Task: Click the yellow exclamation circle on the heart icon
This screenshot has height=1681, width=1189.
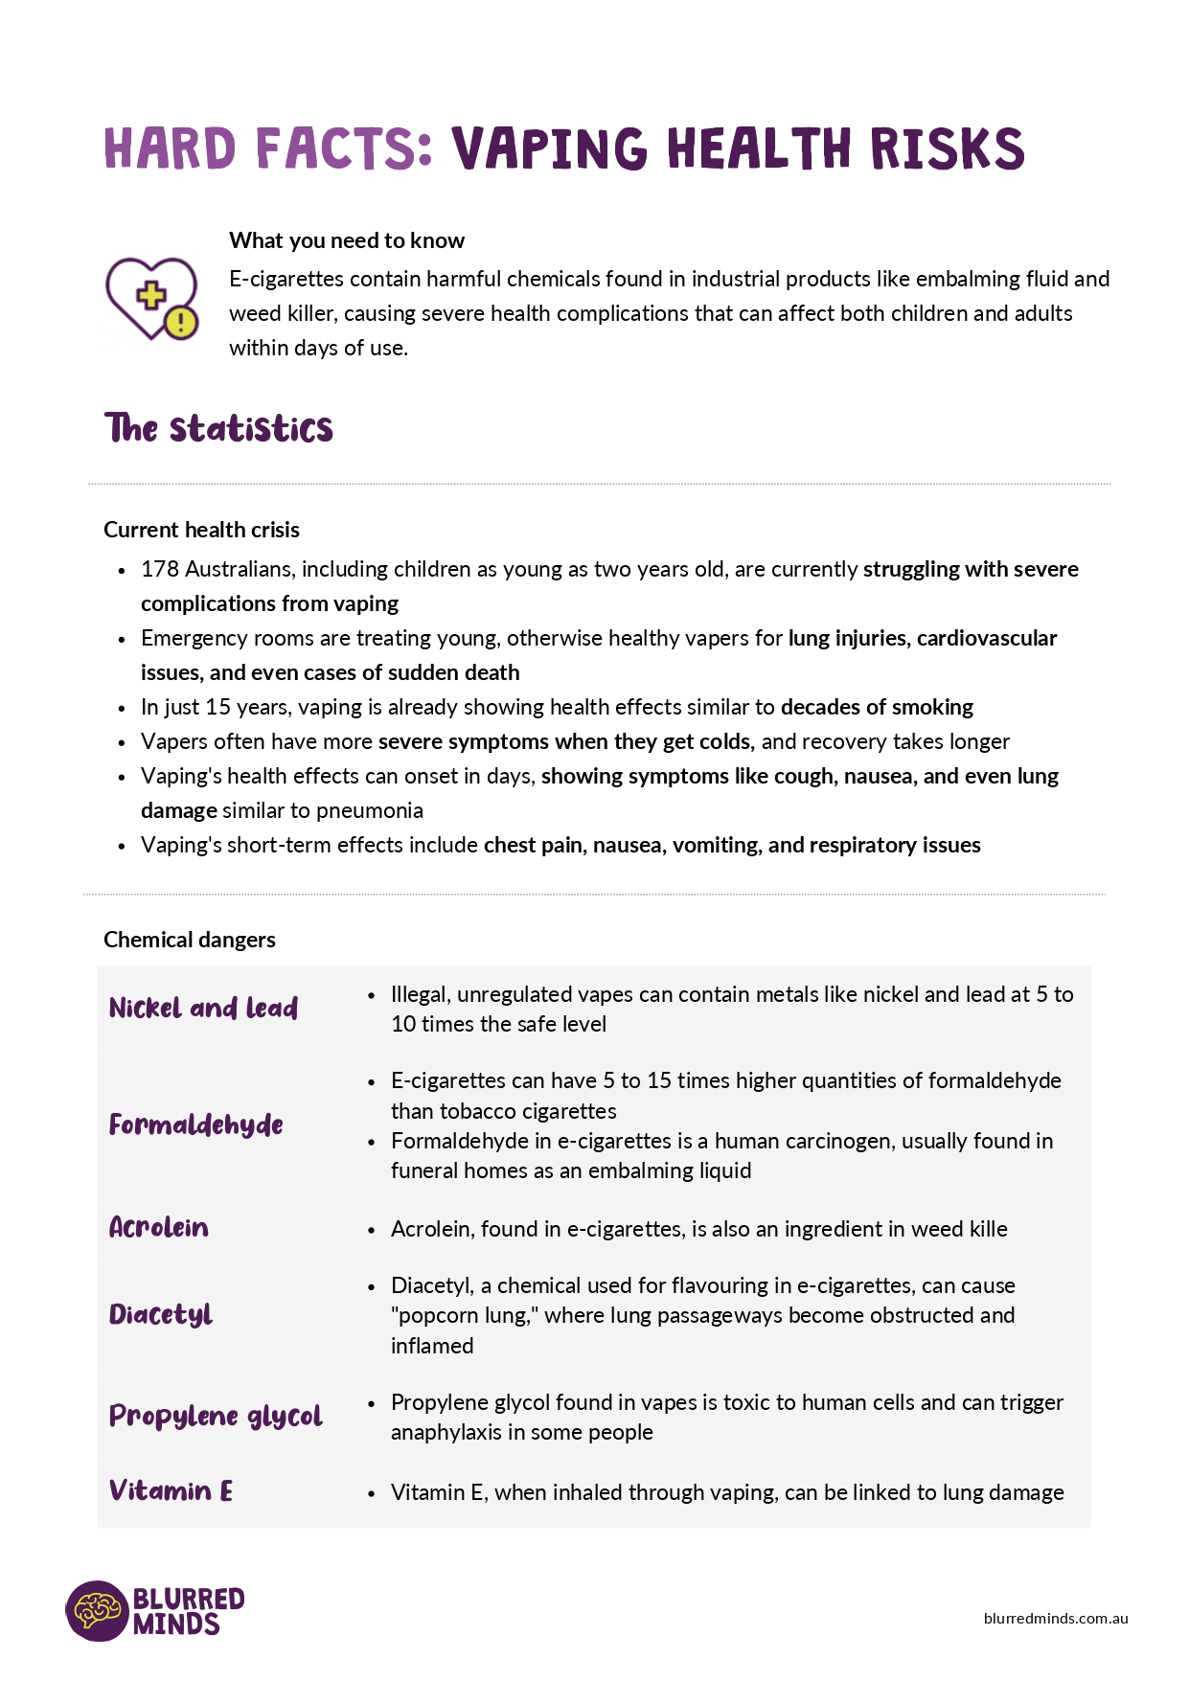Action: click(181, 322)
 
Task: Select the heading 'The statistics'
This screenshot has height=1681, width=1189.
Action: click(218, 428)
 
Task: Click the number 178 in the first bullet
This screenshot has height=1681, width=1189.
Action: click(159, 569)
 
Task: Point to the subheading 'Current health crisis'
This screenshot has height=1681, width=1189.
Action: click(201, 530)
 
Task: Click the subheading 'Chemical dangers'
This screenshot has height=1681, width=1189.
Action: click(190, 940)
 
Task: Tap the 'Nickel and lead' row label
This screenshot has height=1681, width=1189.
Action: click(203, 1009)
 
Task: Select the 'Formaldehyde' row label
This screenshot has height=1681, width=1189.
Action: click(196, 1124)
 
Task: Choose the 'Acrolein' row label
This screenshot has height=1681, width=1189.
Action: click(159, 1228)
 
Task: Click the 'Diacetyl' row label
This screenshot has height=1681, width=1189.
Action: click(161, 1314)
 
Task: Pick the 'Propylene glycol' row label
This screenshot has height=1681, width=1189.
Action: click(216, 1417)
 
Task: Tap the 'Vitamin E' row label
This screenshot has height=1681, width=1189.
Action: click(171, 1491)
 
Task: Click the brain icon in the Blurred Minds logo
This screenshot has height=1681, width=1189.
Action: click(97, 1610)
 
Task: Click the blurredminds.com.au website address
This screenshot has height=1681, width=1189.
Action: click(1056, 1619)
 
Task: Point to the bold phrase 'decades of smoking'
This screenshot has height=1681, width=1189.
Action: click(877, 707)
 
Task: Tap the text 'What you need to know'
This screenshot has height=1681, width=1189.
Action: click(347, 240)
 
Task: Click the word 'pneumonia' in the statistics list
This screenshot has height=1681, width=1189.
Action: click(370, 810)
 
